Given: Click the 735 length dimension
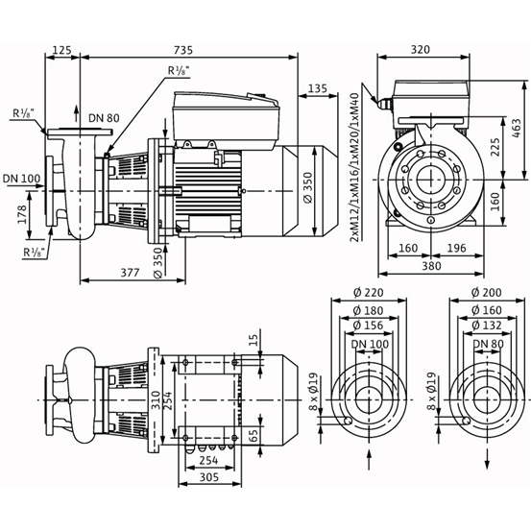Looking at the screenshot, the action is [182, 50].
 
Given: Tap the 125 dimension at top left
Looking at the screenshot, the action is [62, 50].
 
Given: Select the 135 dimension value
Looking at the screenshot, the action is [318, 88].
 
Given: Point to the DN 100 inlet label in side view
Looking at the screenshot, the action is [22, 179].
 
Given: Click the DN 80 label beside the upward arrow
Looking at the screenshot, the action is [104, 118].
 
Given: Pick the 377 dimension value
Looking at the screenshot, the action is [131, 273].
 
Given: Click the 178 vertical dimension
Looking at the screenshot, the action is [22, 214].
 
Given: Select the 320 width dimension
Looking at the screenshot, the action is [421, 49].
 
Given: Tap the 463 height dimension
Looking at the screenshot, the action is [517, 128].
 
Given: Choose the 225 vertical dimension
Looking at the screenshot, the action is [495, 147].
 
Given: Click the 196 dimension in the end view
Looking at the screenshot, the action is [457, 249].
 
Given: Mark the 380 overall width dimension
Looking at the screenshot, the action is [431, 266].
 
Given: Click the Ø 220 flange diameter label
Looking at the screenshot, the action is [369, 292].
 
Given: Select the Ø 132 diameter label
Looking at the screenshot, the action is [487, 326].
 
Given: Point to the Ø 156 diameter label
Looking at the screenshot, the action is [369, 326].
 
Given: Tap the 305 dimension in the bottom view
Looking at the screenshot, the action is [209, 477].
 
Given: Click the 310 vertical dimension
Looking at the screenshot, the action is [157, 400].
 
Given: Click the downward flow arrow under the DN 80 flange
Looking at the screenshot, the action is [488, 459].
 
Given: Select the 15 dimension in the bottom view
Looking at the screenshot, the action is [254, 339].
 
